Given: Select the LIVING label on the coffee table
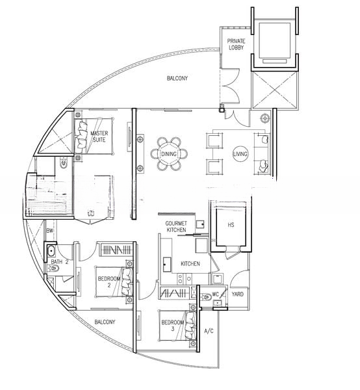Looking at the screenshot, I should tap(240, 153).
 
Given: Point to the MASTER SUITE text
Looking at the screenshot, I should tap(99, 136).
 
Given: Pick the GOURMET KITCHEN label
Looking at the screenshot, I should tap(176, 227).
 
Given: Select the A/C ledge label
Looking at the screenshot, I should tap(209, 332).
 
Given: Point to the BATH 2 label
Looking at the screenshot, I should tap(60, 262).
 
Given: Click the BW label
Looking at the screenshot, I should tap(49, 231).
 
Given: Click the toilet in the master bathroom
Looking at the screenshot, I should tap(64, 165).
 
